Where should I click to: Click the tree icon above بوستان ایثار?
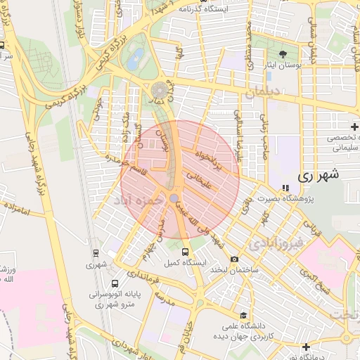click(283, 54)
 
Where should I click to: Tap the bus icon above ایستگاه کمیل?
click(185, 251)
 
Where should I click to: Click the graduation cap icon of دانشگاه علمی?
click(243, 316)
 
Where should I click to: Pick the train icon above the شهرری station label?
click(96, 253)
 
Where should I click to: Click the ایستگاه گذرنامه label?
click(224, 9)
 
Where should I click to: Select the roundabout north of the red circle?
click(160, 90)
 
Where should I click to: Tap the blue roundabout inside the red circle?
click(174, 199)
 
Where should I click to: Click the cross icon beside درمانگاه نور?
click(306, 347)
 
